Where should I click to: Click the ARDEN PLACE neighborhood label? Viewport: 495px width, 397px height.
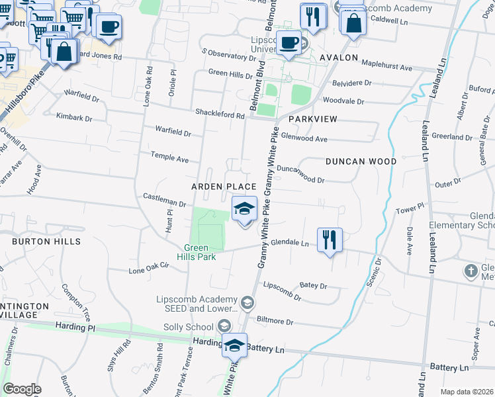[223, 187]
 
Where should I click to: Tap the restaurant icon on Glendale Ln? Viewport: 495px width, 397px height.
[330, 239]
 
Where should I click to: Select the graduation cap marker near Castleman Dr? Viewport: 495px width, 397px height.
[244, 211]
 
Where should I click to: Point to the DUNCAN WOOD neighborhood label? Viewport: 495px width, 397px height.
[361, 161]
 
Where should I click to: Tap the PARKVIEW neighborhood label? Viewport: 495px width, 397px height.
[313, 119]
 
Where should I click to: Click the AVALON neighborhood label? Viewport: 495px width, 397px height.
[339, 58]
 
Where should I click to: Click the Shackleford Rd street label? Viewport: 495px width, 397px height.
[220, 114]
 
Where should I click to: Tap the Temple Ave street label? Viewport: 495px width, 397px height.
[170, 159]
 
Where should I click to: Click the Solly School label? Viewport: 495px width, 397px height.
[196, 327]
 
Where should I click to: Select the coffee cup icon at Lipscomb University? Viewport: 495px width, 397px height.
[289, 43]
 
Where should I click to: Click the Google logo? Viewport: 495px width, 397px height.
[22, 389]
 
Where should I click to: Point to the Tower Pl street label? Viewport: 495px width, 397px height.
[409, 209]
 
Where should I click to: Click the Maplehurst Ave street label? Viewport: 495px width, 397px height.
[388, 67]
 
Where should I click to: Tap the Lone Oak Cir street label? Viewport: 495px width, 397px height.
[149, 270]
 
